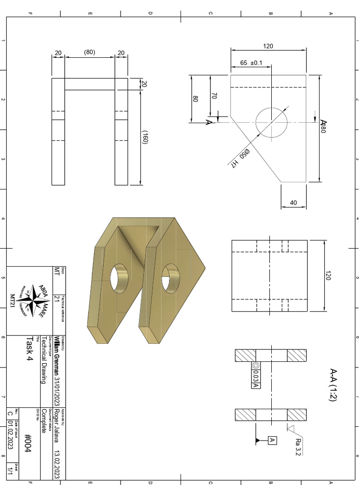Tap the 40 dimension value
(293, 203)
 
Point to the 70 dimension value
(214, 95)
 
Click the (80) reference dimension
(89, 52)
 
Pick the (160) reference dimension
(146, 137)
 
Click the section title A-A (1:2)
(333, 385)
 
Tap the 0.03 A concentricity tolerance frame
(256, 376)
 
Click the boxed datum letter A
(272, 440)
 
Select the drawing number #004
(27, 442)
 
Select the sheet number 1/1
(10, 471)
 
